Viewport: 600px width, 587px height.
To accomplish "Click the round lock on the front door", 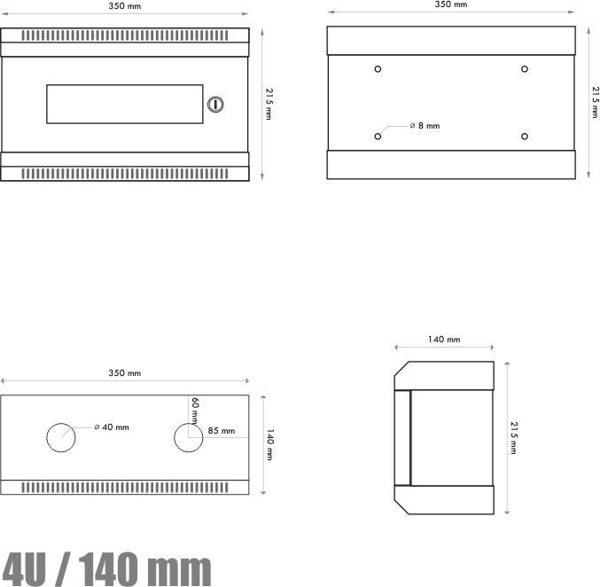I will pyautogui.click(x=214, y=105).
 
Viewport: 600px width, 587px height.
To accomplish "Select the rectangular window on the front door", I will pyautogui.click(x=125, y=104).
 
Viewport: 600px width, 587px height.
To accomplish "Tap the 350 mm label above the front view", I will pyautogui.click(x=124, y=6).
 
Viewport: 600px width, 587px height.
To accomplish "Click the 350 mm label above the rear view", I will pyautogui.click(x=450, y=4).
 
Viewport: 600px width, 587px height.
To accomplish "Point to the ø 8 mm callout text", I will pyautogui.click(x=425, y=126).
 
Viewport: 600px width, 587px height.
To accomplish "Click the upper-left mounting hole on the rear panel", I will pyautogui.click(x=378, y=69).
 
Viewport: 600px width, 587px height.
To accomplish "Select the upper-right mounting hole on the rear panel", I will pyautogui.click(x=525, y=69).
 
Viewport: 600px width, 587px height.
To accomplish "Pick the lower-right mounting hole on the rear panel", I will pyautogui.click(x=525, y=136).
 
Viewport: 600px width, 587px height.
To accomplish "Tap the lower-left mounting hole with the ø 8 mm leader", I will pyautogui.click(x=378, y=136).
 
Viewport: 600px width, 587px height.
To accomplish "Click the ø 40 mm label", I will pyautogui.click(x=112, y=427).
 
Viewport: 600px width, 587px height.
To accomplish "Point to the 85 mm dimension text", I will pyautogui.click(x=222, y=431).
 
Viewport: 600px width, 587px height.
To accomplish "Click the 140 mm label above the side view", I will pyautogui.click(x=443, y=339).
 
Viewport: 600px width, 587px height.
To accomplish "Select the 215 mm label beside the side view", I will pyautogui.click(x=514, y=437).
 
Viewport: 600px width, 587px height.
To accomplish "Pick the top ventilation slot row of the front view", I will pyautogui.click(x=124, y=35).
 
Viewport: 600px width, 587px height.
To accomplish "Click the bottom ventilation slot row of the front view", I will pyautogui.click(x=124, y=173).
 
